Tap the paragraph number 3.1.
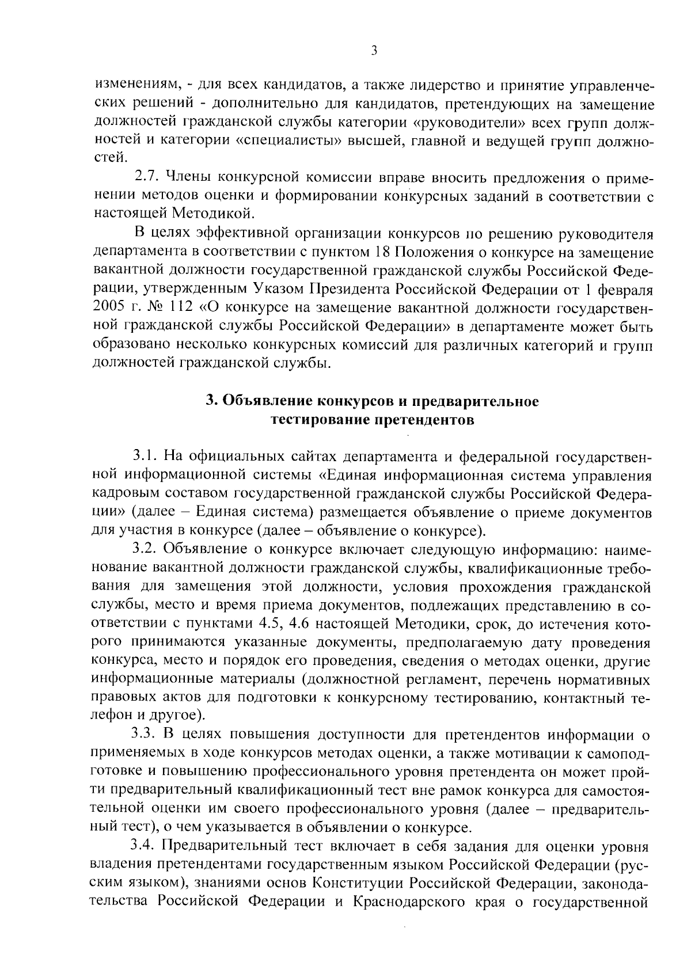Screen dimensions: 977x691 coord(145,457)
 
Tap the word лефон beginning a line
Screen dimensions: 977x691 coord(109,717)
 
